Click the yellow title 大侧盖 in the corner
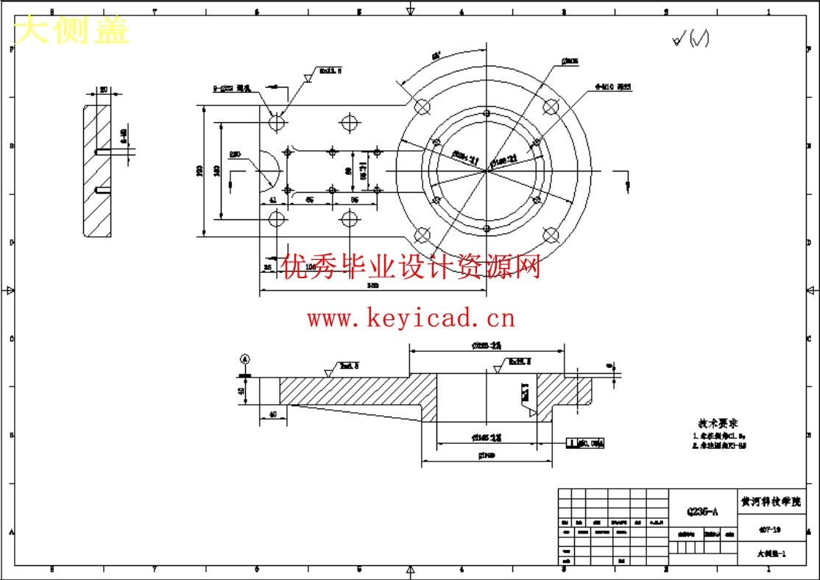pyautogui.click(x=72, y=31)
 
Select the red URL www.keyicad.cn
pyautogui.click(x=411, y=319)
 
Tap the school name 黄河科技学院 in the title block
pyautogui.click(x=771, y=501)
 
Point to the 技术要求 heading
pyautogui.click(x=718, y=424)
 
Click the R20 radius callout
pyautogui.click(x=235, y=155)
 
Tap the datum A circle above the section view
pyautogui.click(x=245, y=359)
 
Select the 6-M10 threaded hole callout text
pyautogui.click(x=614, y=87)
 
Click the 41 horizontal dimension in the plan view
pyautogui.click(x=272, y=199)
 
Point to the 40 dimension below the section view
pyautogui.click(x=273, y=415)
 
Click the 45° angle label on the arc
pyautogui.click(x=436, y=56)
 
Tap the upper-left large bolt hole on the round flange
pyautogui.click(x=423, y=107)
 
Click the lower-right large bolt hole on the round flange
pyautogui.click(x=550, y=236)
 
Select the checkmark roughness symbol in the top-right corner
pyautogui.click(x=690, y=40)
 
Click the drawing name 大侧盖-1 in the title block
pyautogui.click(x=771, y=554)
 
